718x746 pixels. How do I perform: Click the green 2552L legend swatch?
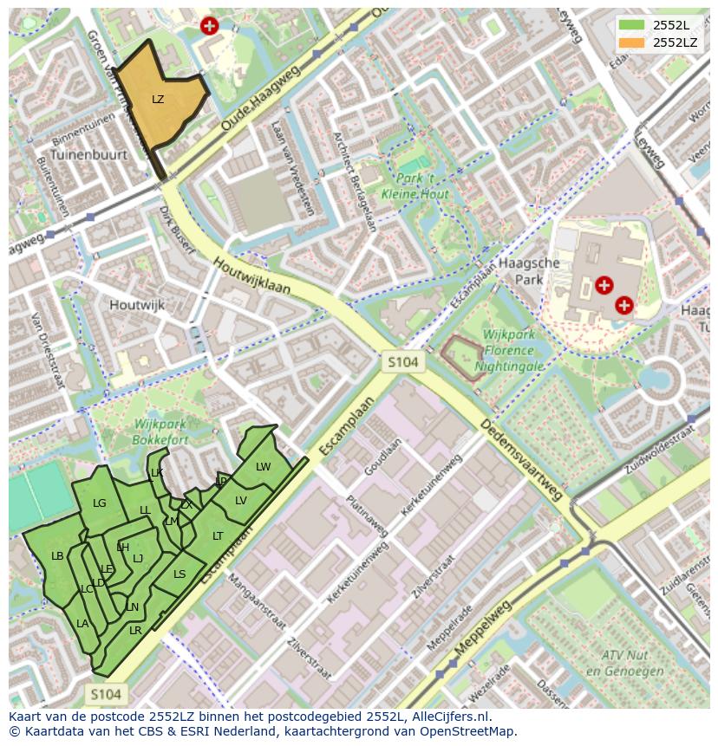[631, 25]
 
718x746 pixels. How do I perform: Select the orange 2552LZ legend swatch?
[631, 42]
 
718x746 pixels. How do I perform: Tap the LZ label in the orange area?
[158, 100]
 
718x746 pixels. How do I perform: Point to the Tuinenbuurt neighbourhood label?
[88, 154]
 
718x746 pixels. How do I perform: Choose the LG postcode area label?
[100, 503]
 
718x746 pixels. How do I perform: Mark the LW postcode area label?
[264, 467]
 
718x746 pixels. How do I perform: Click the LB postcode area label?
[57, 556]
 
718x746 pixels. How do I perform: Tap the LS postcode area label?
[179, 574]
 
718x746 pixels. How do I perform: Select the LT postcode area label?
[218, 536]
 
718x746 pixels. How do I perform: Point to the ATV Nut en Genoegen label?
[619, 664]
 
